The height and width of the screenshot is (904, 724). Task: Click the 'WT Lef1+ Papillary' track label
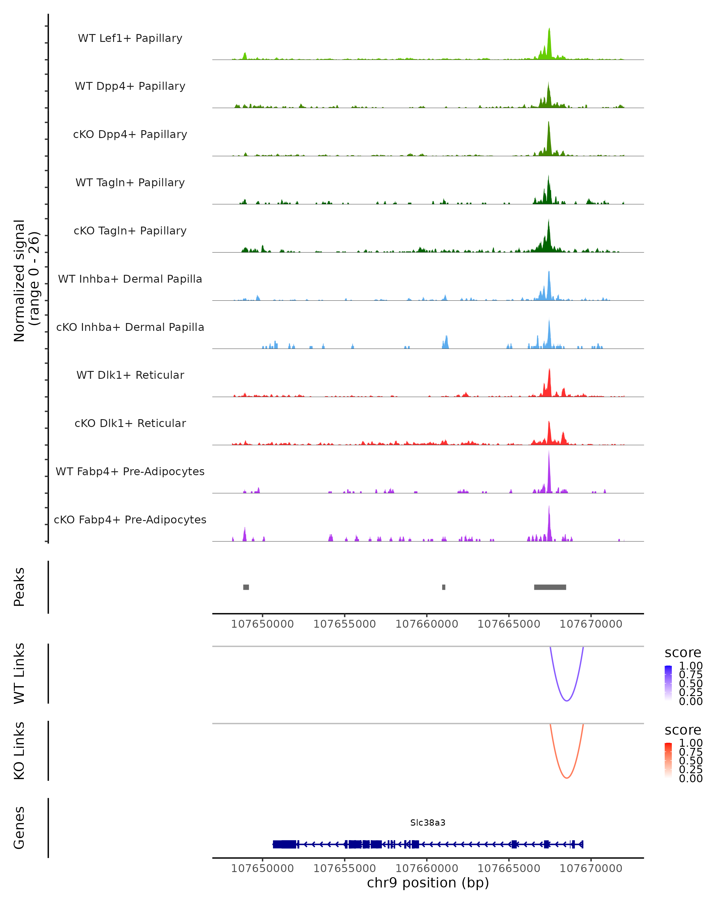[130, 38]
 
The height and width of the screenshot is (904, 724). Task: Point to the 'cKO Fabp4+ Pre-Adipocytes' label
[130, 519]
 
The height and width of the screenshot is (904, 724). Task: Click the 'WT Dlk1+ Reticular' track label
[130, 375]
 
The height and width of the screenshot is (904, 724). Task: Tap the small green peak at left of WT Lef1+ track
[245, 56]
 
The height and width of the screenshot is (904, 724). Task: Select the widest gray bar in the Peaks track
[550, 587]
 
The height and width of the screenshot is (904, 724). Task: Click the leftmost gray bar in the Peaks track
[246, 587]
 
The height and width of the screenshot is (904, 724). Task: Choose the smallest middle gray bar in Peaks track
[444, 587]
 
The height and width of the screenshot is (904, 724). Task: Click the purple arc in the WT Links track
[567, 701]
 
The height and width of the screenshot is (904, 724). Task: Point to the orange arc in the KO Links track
[567, 778]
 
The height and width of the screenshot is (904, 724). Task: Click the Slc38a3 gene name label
[428, 823]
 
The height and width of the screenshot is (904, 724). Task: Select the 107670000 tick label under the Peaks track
[591, 624]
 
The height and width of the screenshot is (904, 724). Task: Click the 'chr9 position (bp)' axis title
[428, 883]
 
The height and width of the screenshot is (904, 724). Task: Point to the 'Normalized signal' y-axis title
[19, 281]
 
